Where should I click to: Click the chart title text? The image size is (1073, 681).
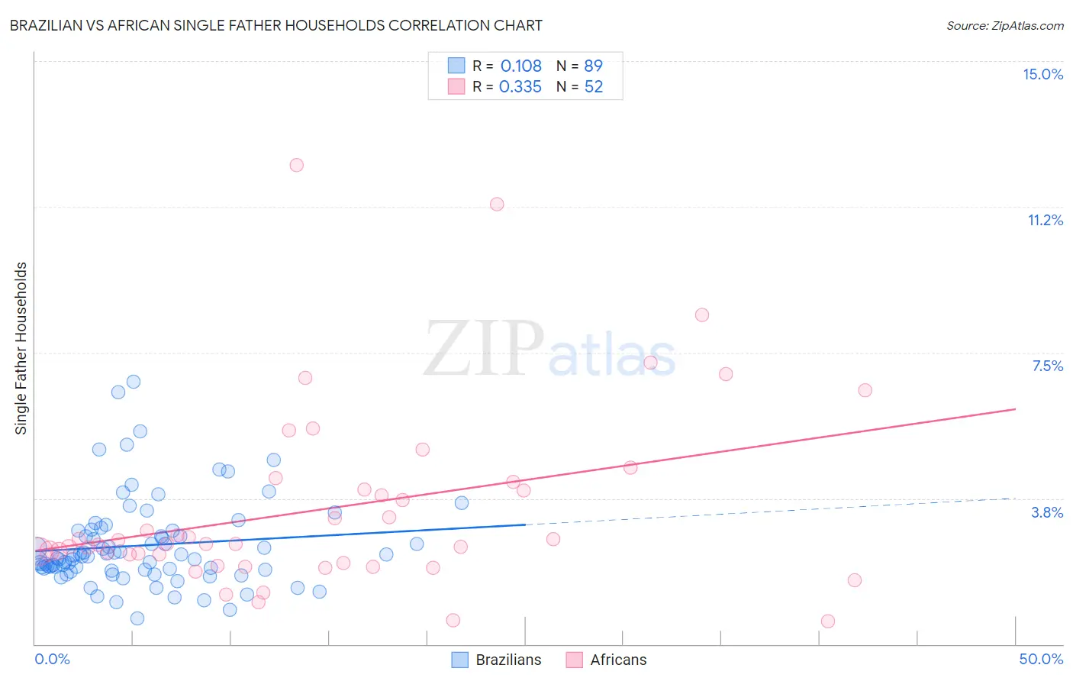point(275,25)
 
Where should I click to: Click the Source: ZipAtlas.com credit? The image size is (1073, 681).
point(1004,25)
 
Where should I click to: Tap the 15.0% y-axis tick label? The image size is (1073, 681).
point(1042,74)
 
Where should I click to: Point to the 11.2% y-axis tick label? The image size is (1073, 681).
point(1045,220)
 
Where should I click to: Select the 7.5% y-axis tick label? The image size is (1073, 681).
point(1047,366)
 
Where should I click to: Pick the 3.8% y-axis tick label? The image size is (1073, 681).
point(1047,512)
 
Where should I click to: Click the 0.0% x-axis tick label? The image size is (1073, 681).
point(52,659)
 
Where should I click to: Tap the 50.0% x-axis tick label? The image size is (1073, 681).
point(1041,659)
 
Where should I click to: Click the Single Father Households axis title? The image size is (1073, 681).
point(21,348)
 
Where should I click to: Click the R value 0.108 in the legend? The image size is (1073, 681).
point(520,66)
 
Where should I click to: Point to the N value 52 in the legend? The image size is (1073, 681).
point(593,87)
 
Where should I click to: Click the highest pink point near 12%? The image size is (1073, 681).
point(297,165)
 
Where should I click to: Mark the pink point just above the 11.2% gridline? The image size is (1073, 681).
point(497,204)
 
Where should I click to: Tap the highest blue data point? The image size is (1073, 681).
point(134,382)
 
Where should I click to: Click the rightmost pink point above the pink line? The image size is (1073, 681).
point(865,390)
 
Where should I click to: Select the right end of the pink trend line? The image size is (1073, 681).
point(1015,409)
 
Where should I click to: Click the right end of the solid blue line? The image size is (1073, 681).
point(525,524)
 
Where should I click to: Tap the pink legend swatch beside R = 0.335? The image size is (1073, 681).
point(456,86)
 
